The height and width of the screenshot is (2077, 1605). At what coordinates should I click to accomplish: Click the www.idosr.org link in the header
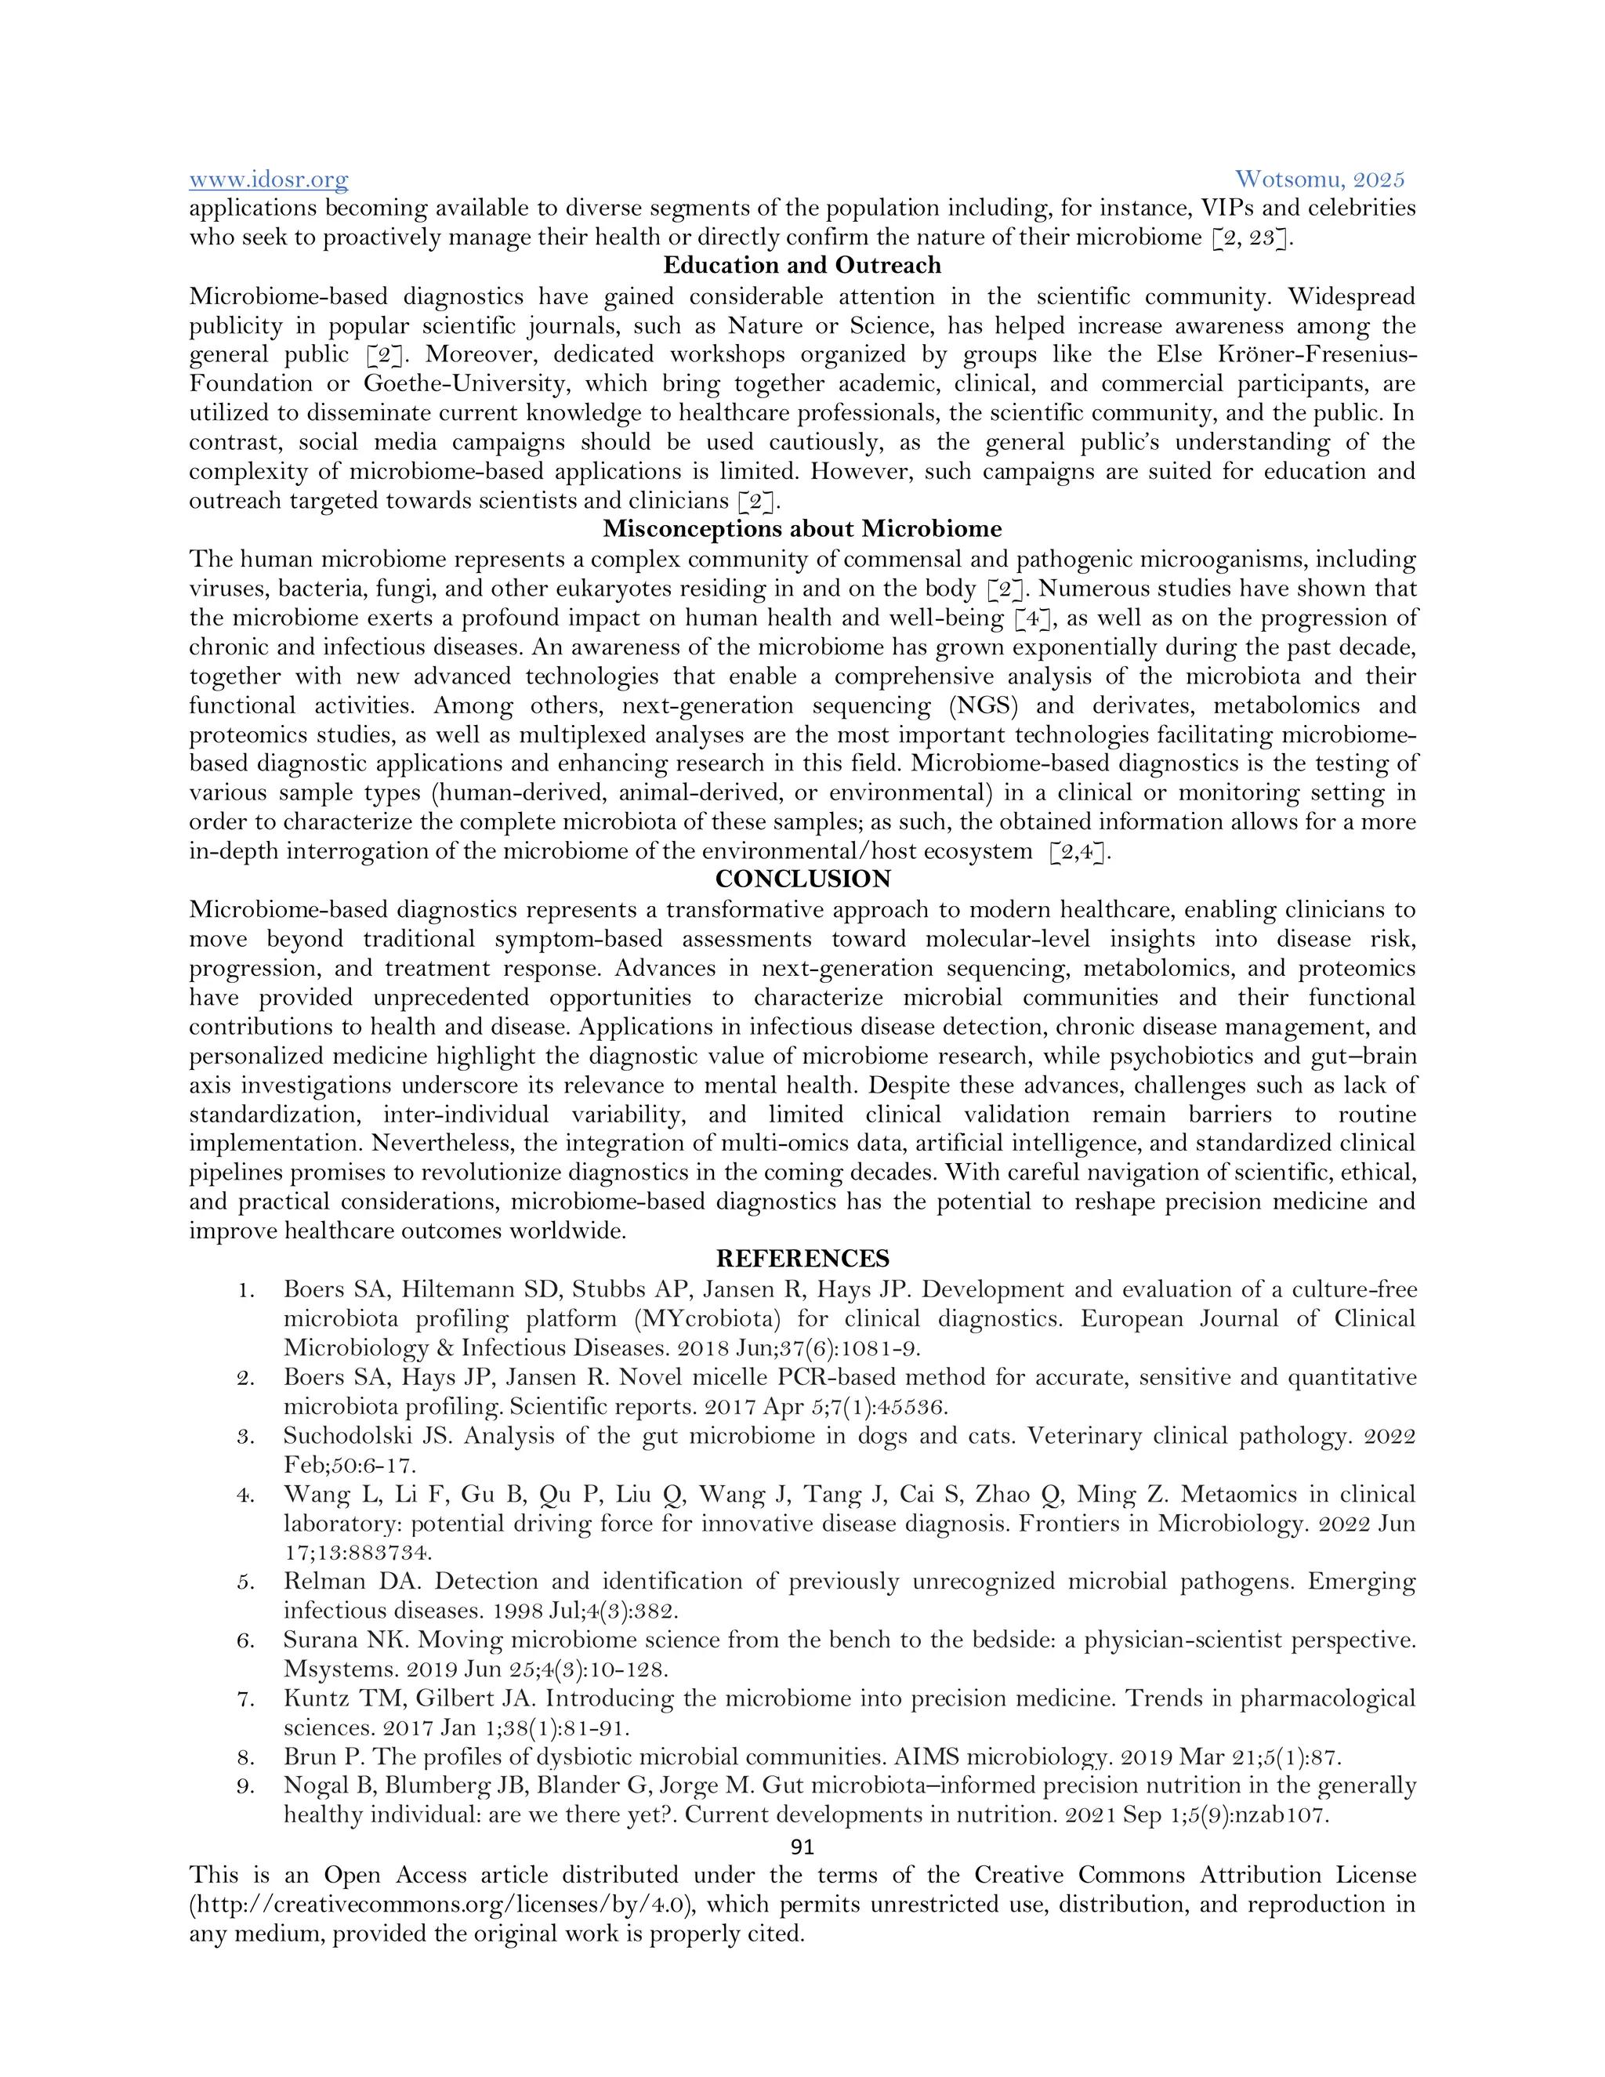pyautogui.click(x=268, y=179)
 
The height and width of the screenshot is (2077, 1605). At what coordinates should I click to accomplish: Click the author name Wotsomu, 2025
pyautogui.click(x=1319, y=179)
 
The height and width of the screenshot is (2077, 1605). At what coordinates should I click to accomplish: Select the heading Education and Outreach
pyautogui.click(x=802, y=266)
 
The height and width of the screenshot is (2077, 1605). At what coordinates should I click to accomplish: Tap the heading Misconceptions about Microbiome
pyautogui.click(x=802, y=529)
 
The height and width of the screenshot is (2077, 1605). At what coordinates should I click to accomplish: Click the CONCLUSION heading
pyautogui.click(x=802, y=879)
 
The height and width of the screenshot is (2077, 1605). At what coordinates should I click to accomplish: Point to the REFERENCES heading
pyautogui.click(x=802, y=1260)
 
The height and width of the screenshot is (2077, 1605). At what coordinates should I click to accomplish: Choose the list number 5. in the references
pyautogui.click(x=246, y=1582)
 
